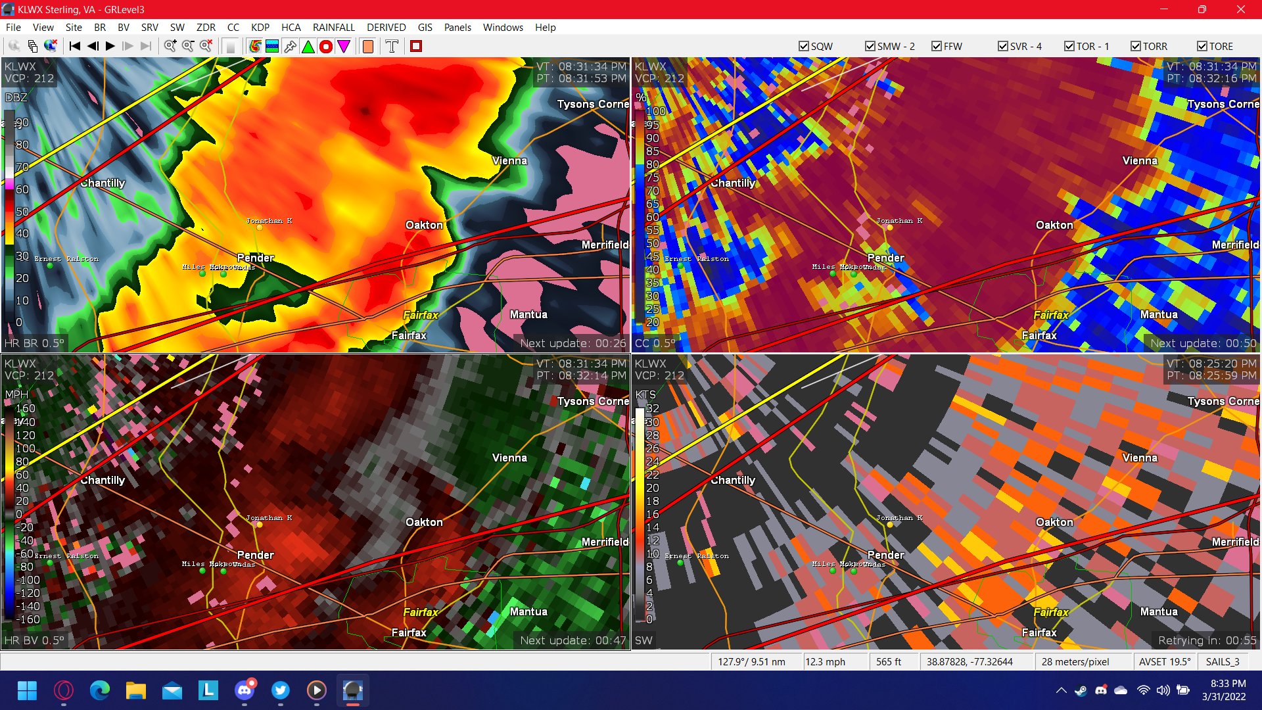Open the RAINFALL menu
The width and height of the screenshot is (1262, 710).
[x=333, y=28]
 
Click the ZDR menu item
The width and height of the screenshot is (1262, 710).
[x=206, y=28]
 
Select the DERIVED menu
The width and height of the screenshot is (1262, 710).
[x=386, y=28]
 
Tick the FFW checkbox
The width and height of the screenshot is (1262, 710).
[x=937, y=46]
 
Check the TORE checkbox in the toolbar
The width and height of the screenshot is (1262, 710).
[x=1202, y=46]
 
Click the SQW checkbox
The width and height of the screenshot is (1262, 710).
[x=803, y=46]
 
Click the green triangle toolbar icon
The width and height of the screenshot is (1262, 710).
[x=308, y=46]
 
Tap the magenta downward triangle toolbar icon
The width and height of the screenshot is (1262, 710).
[x=344, y=46]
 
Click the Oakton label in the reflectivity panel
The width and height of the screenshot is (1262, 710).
[x=424, y=225]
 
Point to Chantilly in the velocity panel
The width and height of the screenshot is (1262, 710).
[x=103, y=481]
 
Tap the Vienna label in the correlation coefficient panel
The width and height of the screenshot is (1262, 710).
[x=1139, y=160]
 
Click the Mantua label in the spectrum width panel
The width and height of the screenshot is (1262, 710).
[x=1158, y=611]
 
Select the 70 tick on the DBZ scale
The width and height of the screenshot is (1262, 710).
[x=22, y=167]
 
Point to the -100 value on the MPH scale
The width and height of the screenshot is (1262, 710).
[x=28, y=580]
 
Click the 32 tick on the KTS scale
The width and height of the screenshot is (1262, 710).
[x=652, y=408]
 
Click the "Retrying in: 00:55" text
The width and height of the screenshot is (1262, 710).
[x=1207, y=640]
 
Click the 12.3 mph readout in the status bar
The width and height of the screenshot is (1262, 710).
[x=825, y=662]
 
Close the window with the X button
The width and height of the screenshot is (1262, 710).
[x=1240, y=9]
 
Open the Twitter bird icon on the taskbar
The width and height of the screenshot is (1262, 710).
[x=281, y=690]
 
